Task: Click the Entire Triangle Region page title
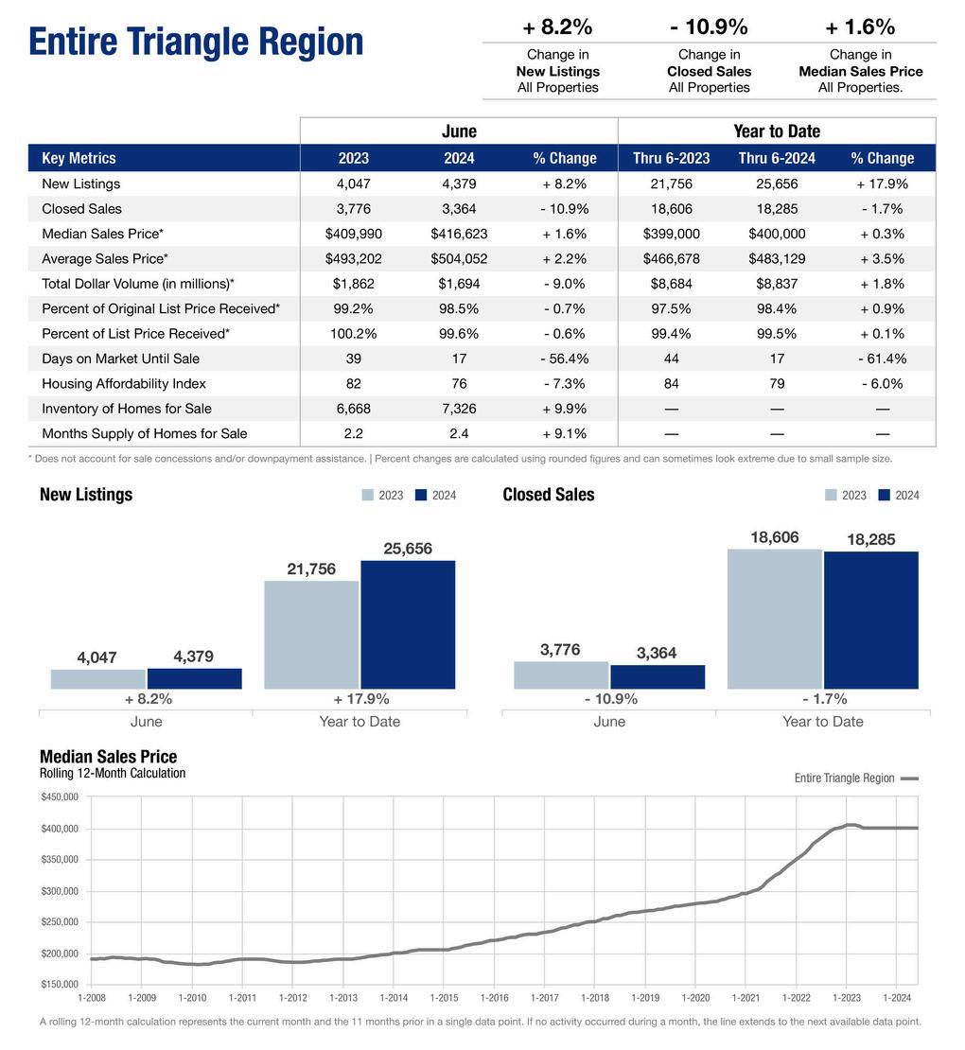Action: point(196,43)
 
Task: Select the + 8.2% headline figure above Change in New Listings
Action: point(557,26)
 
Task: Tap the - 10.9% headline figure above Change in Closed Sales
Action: point(709,26)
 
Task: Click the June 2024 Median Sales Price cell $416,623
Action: point(459,234)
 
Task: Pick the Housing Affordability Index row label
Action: point(124,383)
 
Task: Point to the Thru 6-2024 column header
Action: point(777,158)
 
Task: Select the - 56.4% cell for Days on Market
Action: point(564,359)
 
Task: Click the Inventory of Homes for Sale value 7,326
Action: point(459,409)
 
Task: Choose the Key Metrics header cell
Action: point(79,158)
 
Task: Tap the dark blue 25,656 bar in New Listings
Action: point(408,624)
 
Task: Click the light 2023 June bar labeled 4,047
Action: point(98,679)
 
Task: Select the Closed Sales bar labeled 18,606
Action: point(774,619)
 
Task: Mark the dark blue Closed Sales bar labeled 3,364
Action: point(658,677)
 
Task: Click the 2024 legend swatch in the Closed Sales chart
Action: point(885,495)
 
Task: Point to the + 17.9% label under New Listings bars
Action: point(360,699)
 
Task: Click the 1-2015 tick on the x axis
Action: point(444,997)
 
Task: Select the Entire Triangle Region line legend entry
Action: point(855,778)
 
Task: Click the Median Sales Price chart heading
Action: point(108,756)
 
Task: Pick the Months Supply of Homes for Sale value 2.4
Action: point(459,433)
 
